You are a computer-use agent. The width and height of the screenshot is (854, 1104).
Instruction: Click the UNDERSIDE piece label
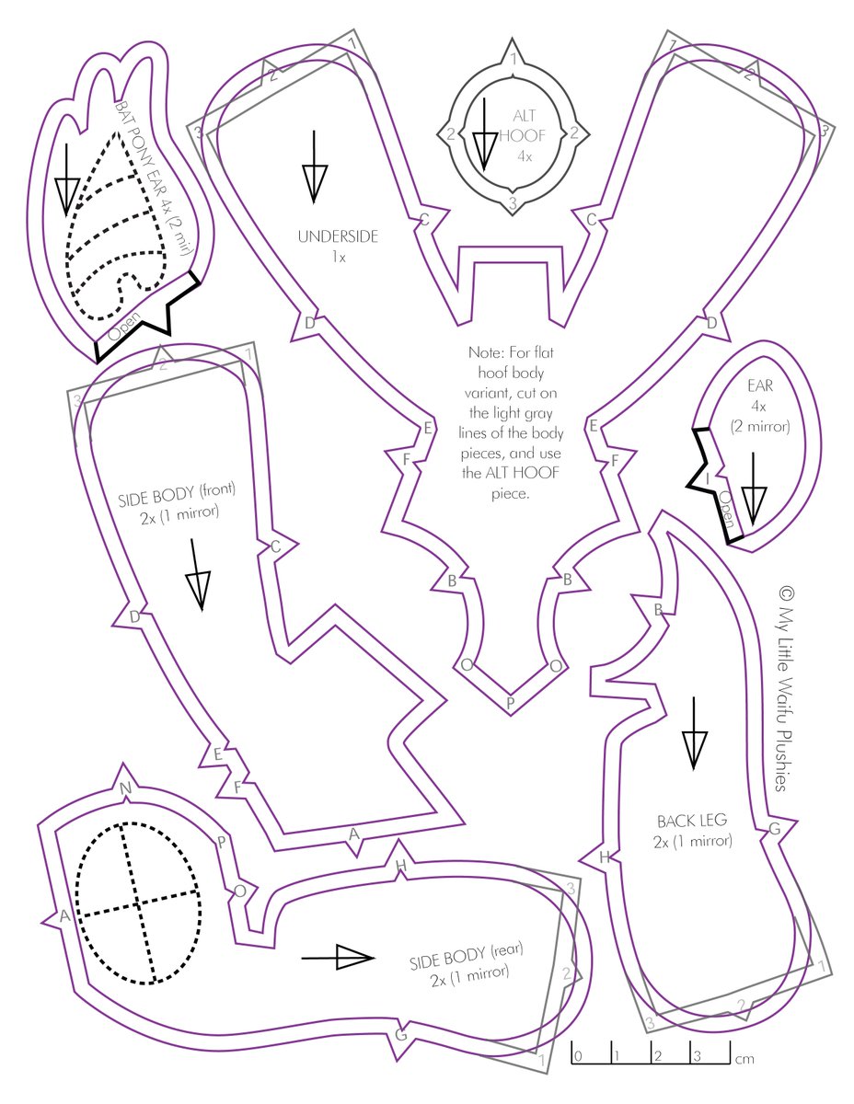pyautogui.click(x=338, y=236)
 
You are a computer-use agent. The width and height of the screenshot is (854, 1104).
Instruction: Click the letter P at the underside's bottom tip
pyautogui.click(x=512, y=704)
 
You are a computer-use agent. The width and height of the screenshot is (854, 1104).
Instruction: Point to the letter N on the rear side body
pyautogui.click(x=126, y=788)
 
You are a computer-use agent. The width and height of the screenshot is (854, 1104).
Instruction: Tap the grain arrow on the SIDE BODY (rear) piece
pyautogui.click(x=338, y=957)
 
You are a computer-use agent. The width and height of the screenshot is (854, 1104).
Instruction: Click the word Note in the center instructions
pyautogui.click(x=486, y=351)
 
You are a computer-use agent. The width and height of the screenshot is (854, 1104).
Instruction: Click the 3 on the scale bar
pyautogui.click(x=698, y=1055)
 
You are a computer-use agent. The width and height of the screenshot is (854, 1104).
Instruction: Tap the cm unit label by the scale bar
pyautogui.click(x=745, y=1059)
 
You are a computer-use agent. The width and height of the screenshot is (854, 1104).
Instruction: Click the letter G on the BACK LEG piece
pyautogui.click(x=774, y=829)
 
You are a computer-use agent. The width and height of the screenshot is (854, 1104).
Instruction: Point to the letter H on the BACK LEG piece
pyautogui.click(x=605, y=857)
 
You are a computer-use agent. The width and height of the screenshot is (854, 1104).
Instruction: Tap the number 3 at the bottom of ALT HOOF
pyautogui.click(x=513, y=201)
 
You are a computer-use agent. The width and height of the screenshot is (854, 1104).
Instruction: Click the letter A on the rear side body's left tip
pyautogui.click(x=64, y=915)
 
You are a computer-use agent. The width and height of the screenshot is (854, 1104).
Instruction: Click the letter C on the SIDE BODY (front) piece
pyautogui.click(x=274, y=546)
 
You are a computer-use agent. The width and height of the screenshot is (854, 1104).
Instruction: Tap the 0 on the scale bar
pyautogui.click(x=577, y=1055)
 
